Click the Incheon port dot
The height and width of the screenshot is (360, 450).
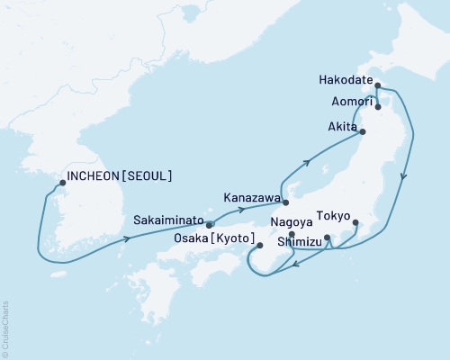coord(62,183)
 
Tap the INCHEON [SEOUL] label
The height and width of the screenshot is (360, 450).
coord(119,175)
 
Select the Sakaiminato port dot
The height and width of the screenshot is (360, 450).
coord(210,225)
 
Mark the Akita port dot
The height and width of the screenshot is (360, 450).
coord(364,132)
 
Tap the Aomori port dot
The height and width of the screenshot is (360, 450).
coord(379,107)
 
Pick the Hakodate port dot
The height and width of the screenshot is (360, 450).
coord(378,86)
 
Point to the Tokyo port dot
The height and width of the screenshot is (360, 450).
coord(355,222)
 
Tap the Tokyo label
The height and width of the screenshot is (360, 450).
coord(330,216)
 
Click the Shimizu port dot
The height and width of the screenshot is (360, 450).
coord(327,238)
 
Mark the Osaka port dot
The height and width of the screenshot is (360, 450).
coord(259,245)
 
